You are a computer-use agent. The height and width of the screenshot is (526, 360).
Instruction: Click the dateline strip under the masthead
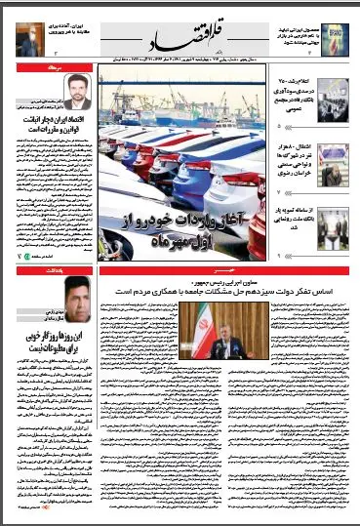click(x=180, y=59)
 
